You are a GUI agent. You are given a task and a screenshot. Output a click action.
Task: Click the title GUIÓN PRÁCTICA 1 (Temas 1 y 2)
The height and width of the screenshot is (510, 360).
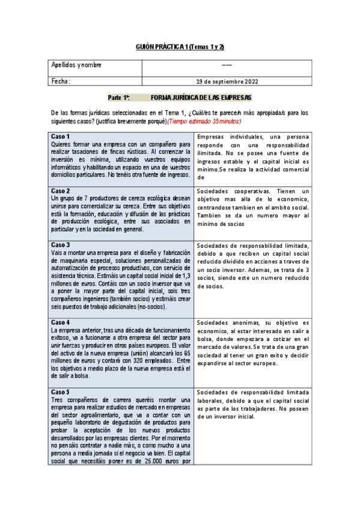coord(180,48)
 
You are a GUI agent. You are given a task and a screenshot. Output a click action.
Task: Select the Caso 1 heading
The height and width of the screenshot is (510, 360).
coord(61,136)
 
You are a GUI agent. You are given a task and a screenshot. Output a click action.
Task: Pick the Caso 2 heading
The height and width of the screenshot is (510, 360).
coord(61,191)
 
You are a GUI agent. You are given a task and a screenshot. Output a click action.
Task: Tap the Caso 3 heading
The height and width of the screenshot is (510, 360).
coord(61,245)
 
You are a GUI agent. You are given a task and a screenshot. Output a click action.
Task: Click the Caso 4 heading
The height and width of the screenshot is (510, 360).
coord(61,322)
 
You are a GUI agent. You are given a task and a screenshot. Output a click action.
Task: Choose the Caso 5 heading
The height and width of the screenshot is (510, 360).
coord(61,392)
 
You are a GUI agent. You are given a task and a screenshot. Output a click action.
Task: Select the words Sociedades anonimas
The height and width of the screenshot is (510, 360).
coord(222,323)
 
